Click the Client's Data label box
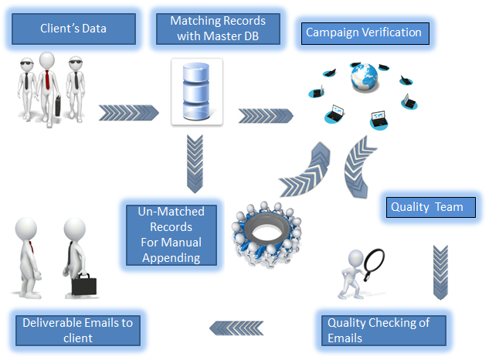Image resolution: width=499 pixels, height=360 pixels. [73, 29]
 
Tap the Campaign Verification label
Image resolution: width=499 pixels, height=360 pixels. [364, 33]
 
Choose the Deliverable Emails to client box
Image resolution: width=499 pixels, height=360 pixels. [77, 331]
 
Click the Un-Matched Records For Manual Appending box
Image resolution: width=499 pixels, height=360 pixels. [171, 235]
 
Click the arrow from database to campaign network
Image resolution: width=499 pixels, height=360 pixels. [265, 116]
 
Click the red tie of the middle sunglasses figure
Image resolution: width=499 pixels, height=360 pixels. [49, 79]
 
